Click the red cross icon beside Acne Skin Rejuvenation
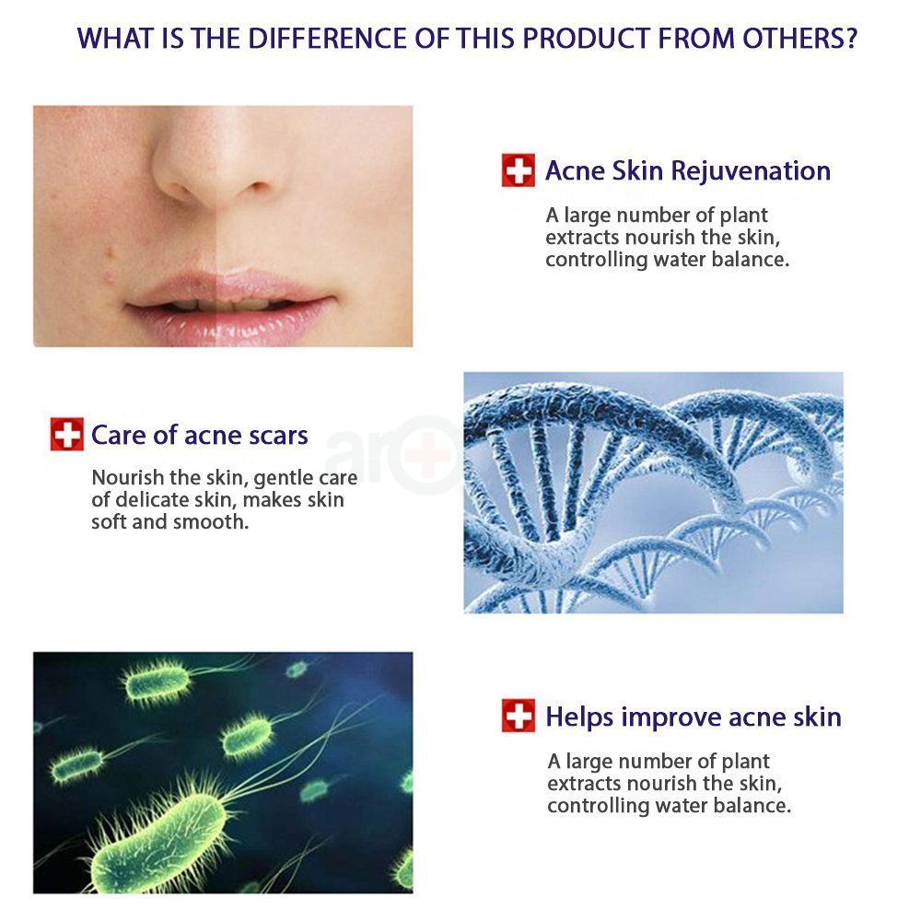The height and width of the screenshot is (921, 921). coord(519,170)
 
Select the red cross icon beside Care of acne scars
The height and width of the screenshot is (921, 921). coord(66,435)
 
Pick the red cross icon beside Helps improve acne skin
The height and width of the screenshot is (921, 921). coord(519,716)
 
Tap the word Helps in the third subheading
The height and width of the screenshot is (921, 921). coord(581,717)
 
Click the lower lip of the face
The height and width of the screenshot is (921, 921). coord(227,318)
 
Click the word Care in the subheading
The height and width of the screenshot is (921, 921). coord(118,435)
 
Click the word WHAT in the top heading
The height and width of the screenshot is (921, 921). coord(111,40)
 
